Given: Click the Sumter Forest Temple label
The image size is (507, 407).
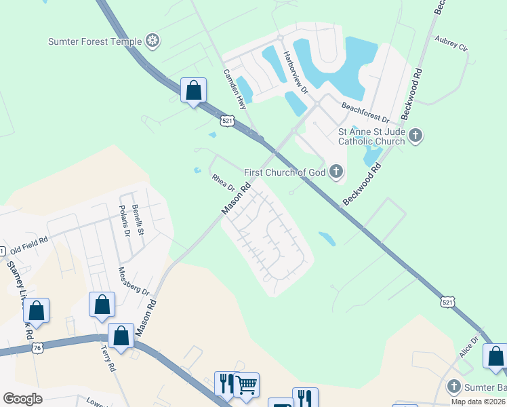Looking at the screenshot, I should pos(95,41).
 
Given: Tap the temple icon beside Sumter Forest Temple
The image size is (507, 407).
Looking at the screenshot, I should pos(154,41).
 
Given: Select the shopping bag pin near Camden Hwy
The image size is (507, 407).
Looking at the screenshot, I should pos(193,90).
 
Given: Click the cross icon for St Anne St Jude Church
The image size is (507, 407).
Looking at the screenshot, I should pos(416,136).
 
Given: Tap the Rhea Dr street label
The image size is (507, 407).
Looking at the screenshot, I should pos(222,182).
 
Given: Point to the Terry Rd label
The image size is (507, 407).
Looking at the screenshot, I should pos(108,360).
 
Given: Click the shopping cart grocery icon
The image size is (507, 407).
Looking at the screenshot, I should pos(246,384).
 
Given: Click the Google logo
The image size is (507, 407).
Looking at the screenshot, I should pos(23,399).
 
